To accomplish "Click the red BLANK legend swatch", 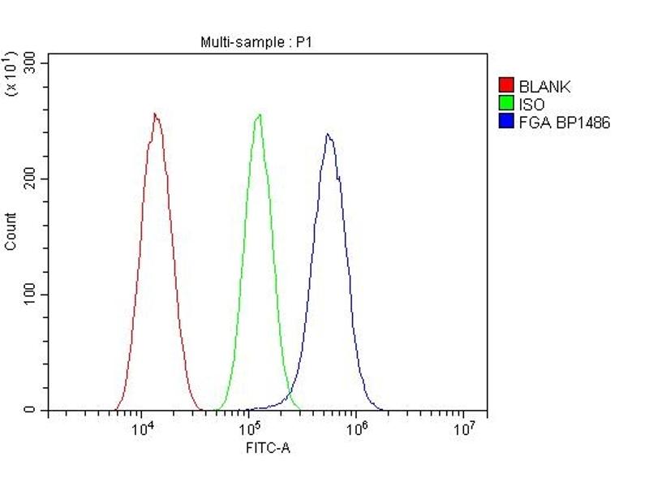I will click(505, 85).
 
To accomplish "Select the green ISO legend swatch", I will click(505, 104).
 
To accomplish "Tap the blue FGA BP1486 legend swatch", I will click(505, 123).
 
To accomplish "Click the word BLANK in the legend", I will click(544, 86).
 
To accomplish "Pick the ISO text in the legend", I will click(532, 105).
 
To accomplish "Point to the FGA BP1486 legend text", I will click(564, 123).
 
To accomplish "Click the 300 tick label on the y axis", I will click(30, 62).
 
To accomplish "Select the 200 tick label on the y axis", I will click(30, 179).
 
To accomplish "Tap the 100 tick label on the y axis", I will click(30, 295).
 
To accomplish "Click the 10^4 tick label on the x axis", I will click(144, 429).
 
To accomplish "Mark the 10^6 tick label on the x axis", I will click(356, 429).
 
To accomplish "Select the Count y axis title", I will click(11, 231).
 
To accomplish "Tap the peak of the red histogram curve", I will click(154, 114).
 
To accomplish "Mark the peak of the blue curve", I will click(328, 135).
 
